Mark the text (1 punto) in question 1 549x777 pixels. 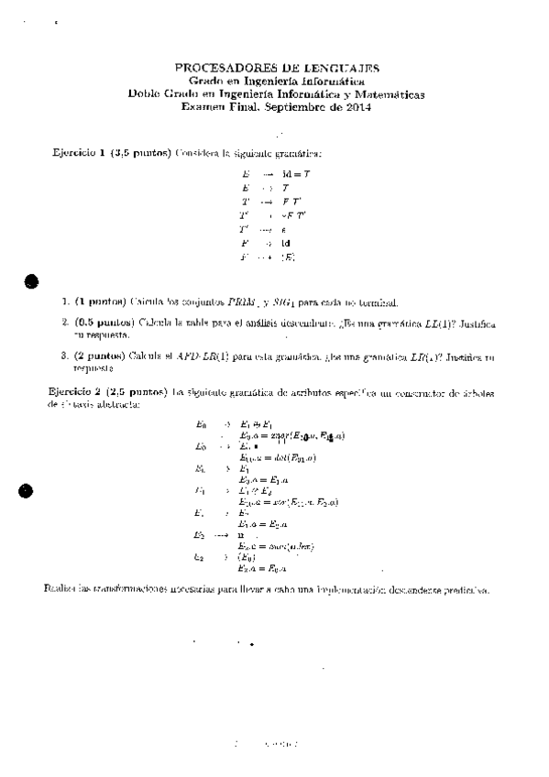pyautogui.click(x=100, y=301)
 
